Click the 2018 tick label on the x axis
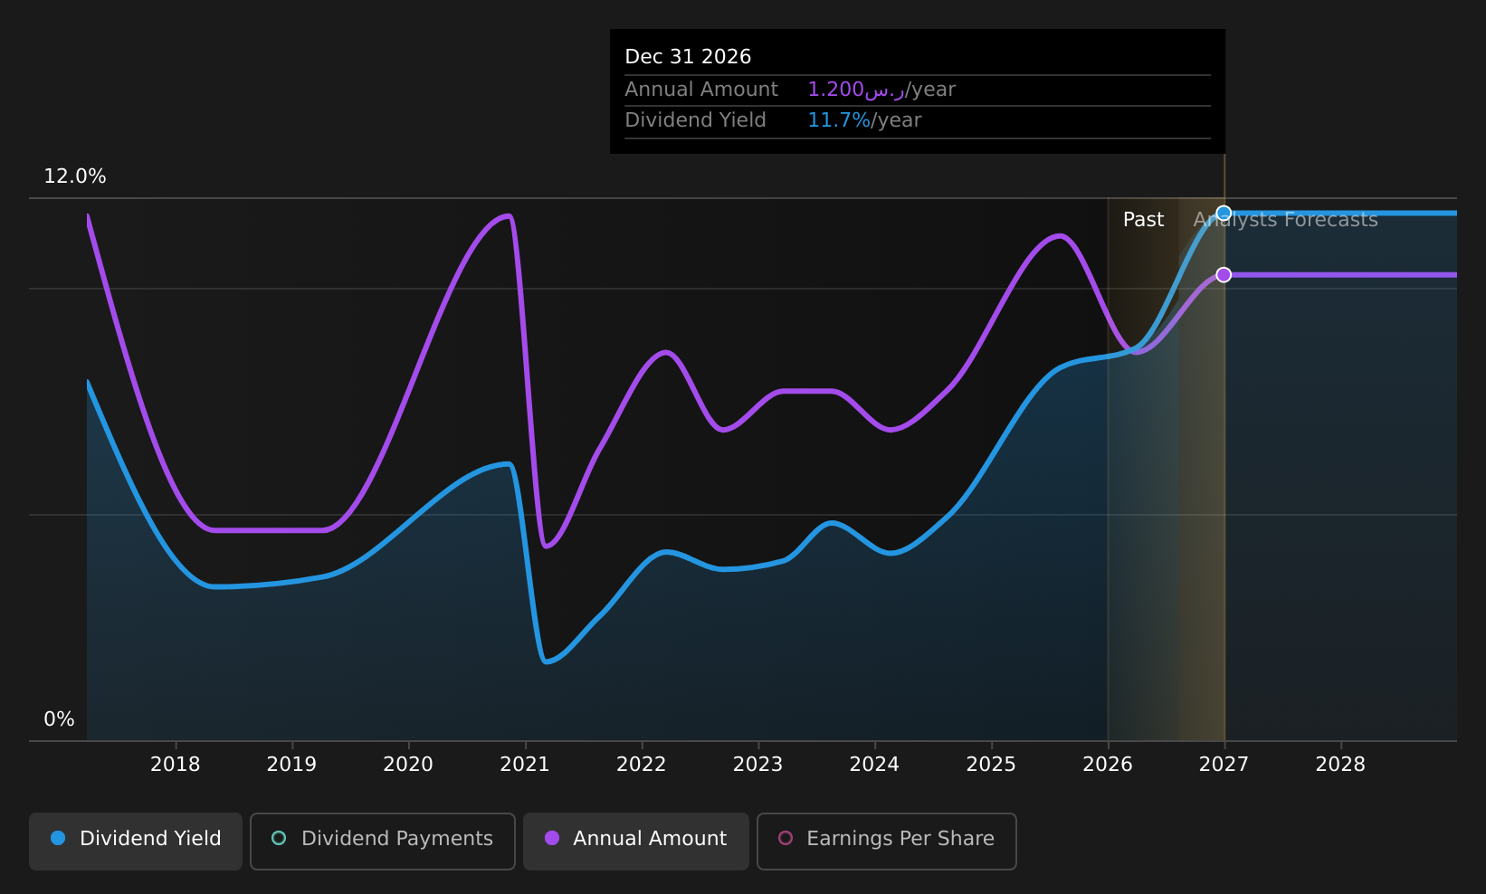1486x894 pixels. tap(176, 765)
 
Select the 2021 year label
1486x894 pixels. tap(525, 765)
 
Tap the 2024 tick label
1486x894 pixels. tap(874, 765)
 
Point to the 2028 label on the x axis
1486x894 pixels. tap(1340, 765)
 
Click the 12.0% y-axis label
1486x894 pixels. tap(75, 176)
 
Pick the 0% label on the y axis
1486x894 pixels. tap(59, 719)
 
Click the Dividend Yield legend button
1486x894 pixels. tap(136, 841)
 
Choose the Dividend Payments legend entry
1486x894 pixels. tap(383, 841)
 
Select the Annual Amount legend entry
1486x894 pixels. tap(636, 841)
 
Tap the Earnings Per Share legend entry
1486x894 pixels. tap(886, 841)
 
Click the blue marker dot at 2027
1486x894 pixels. tap(1224, 213)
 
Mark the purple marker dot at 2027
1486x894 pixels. tap(1224, 274)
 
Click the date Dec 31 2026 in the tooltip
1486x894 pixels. tap(688, 57)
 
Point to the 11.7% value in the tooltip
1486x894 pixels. tap(839, 120)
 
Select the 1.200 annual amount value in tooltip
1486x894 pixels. tap(836, 90)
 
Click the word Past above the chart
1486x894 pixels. tap(1143, 220)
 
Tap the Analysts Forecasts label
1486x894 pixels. tap(1286, 220)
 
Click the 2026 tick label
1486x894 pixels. tap(1107, 765)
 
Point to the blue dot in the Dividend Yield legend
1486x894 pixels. tap(59, 838)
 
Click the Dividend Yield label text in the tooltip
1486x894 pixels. tap(695, 120)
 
